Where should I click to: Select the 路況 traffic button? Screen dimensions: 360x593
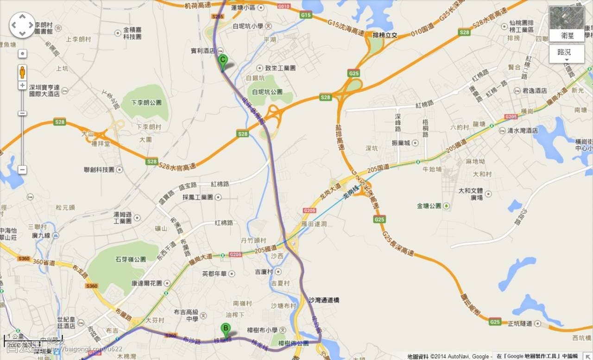[x=567, y=53]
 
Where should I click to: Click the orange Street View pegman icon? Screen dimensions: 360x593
[x=22, y=72]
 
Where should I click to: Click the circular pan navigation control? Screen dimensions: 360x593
[x=22, y=25]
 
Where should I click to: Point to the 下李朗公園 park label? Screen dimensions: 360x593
[x=146, y=103]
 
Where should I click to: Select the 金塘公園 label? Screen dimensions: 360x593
[x=429, y=205]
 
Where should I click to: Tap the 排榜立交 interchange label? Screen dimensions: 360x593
[x=385, y=35]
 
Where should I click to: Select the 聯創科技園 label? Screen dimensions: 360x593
[x=99, y=170]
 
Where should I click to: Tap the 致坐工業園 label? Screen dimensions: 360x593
[x=280, y=68]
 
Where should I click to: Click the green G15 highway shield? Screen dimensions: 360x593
[x=306, y=15]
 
